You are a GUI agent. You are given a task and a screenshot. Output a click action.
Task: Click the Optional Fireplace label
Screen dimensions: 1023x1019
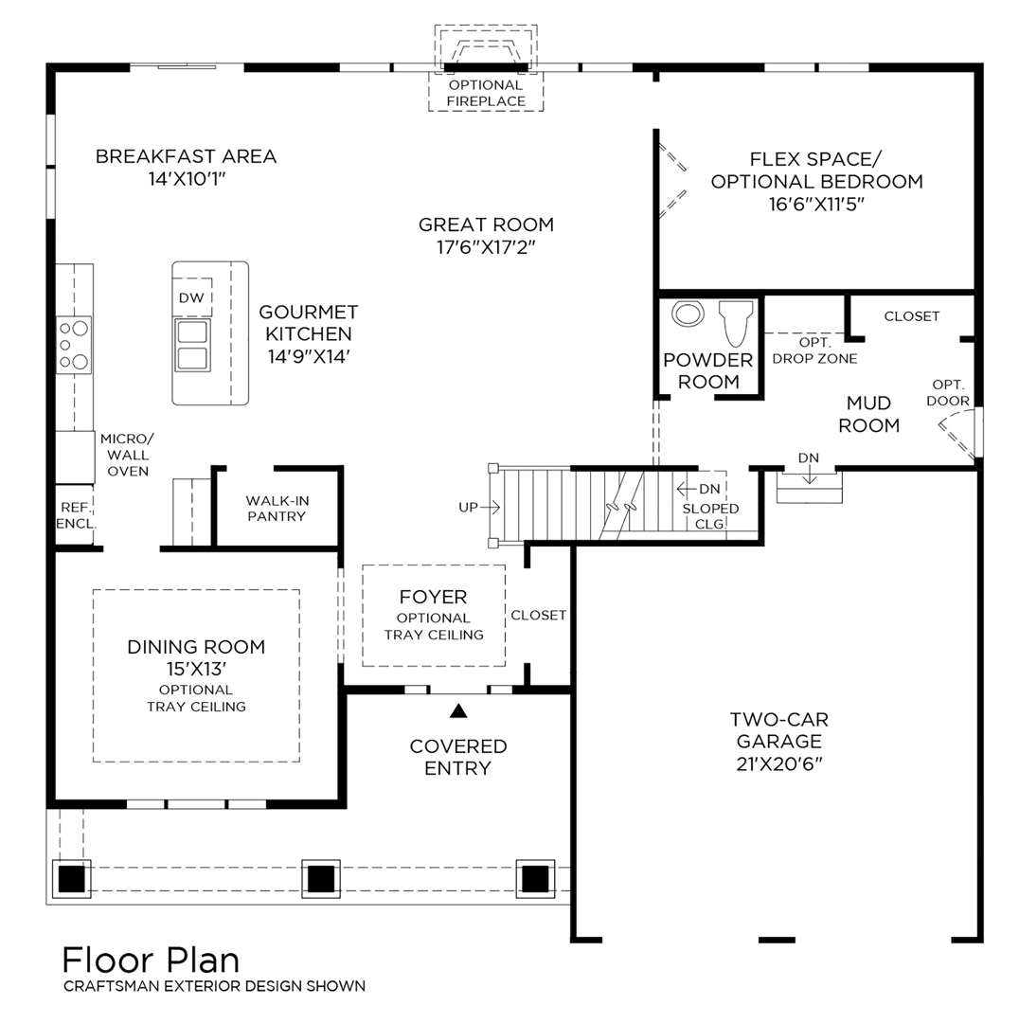tap(486, 93)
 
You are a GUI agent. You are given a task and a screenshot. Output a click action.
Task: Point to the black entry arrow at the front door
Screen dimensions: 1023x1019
tap(459, 709)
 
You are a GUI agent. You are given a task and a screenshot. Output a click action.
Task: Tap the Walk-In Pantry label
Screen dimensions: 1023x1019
tap(276, 508)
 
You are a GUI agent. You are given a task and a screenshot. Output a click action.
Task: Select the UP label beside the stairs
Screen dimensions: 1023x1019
tap(469, 508)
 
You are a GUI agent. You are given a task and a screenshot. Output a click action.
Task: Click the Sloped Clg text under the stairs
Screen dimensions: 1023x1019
tap(710, 515)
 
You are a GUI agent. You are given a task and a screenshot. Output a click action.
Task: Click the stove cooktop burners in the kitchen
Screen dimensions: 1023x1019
tap(75, 344)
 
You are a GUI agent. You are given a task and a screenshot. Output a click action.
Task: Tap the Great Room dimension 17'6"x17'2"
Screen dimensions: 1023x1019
tap(486, 247)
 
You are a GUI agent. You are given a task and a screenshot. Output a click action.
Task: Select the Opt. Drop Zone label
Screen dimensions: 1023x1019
tap(814, 350)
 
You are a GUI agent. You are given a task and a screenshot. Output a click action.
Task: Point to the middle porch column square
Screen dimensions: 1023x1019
tap(320, 878)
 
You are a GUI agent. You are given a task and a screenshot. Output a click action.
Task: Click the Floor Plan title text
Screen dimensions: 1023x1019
tap(151, 959)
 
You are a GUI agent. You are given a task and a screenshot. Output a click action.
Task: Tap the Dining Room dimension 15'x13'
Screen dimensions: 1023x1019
tap(196, 669)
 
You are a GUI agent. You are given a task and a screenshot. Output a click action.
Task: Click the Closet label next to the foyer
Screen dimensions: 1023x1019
tap(538, 615)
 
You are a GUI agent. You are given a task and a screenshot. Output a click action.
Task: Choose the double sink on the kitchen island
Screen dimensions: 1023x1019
tap(192, 346)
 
